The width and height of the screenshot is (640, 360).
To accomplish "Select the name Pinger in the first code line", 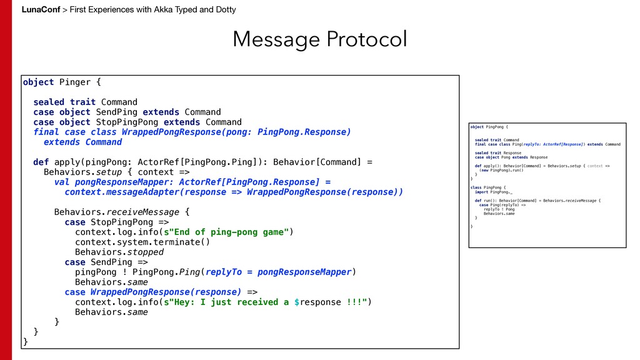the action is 74,82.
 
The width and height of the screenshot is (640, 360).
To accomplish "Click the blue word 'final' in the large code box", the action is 46,132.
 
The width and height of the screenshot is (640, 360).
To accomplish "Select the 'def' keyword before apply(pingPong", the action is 41,162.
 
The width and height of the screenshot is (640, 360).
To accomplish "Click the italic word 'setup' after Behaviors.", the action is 114,172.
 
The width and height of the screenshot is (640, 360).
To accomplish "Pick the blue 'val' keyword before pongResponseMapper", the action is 62,182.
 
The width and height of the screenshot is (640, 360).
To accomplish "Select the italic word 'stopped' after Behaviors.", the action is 145,252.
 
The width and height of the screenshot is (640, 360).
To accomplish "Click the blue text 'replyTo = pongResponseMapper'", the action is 279,272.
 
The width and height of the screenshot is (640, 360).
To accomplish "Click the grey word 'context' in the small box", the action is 595,166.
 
